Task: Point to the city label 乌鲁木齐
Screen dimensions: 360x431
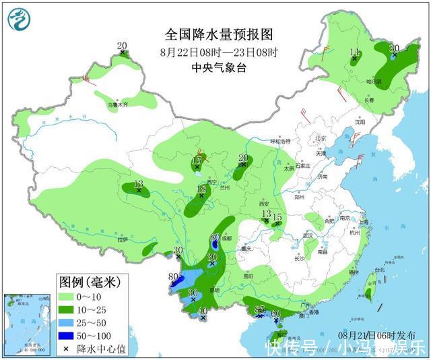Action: [x=117, y=105]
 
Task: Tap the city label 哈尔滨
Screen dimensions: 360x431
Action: [x=373, y=82]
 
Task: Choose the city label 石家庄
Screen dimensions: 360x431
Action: [x=301, y=165]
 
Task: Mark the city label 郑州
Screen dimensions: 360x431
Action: [x=299, y=198]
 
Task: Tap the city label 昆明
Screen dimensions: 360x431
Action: [x=214, y=290]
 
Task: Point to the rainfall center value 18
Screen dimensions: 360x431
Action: [x=201, y=189]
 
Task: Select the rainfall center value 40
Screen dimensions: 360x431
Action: [x=203, y=311]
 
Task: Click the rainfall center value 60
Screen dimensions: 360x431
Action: [x=275, y=313]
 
